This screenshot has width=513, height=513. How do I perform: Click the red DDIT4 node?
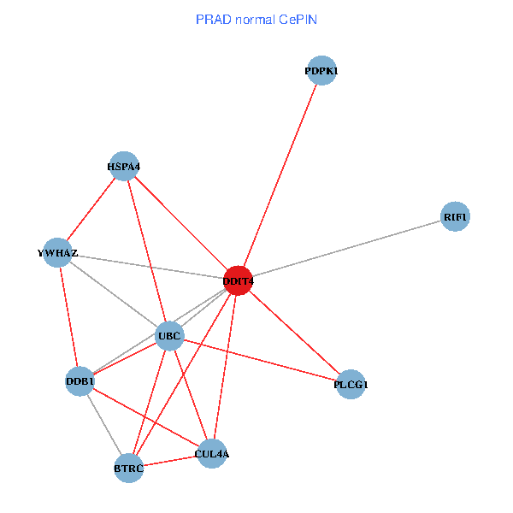(237, 280)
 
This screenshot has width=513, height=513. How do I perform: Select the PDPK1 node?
(321, 71)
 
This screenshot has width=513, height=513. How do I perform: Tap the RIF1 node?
(455, 217)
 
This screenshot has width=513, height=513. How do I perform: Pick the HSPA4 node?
(124, 166)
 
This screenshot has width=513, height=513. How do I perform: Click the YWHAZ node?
(57, 252)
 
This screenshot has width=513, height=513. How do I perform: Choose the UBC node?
(169, 336)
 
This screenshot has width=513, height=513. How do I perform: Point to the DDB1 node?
(80, 380)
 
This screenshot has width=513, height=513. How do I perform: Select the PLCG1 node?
(351, 385)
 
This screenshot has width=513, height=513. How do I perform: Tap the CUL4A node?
(211, 454)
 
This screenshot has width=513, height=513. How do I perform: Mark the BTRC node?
(128, 469)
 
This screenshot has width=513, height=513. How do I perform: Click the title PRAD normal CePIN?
(256, 20)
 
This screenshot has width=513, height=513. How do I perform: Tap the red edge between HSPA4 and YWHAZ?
(91, 209)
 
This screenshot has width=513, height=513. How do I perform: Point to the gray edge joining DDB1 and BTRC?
(103, 424)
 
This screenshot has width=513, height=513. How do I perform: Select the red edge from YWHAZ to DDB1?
(68, 316)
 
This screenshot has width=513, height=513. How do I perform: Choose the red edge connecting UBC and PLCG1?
(260, 360)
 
